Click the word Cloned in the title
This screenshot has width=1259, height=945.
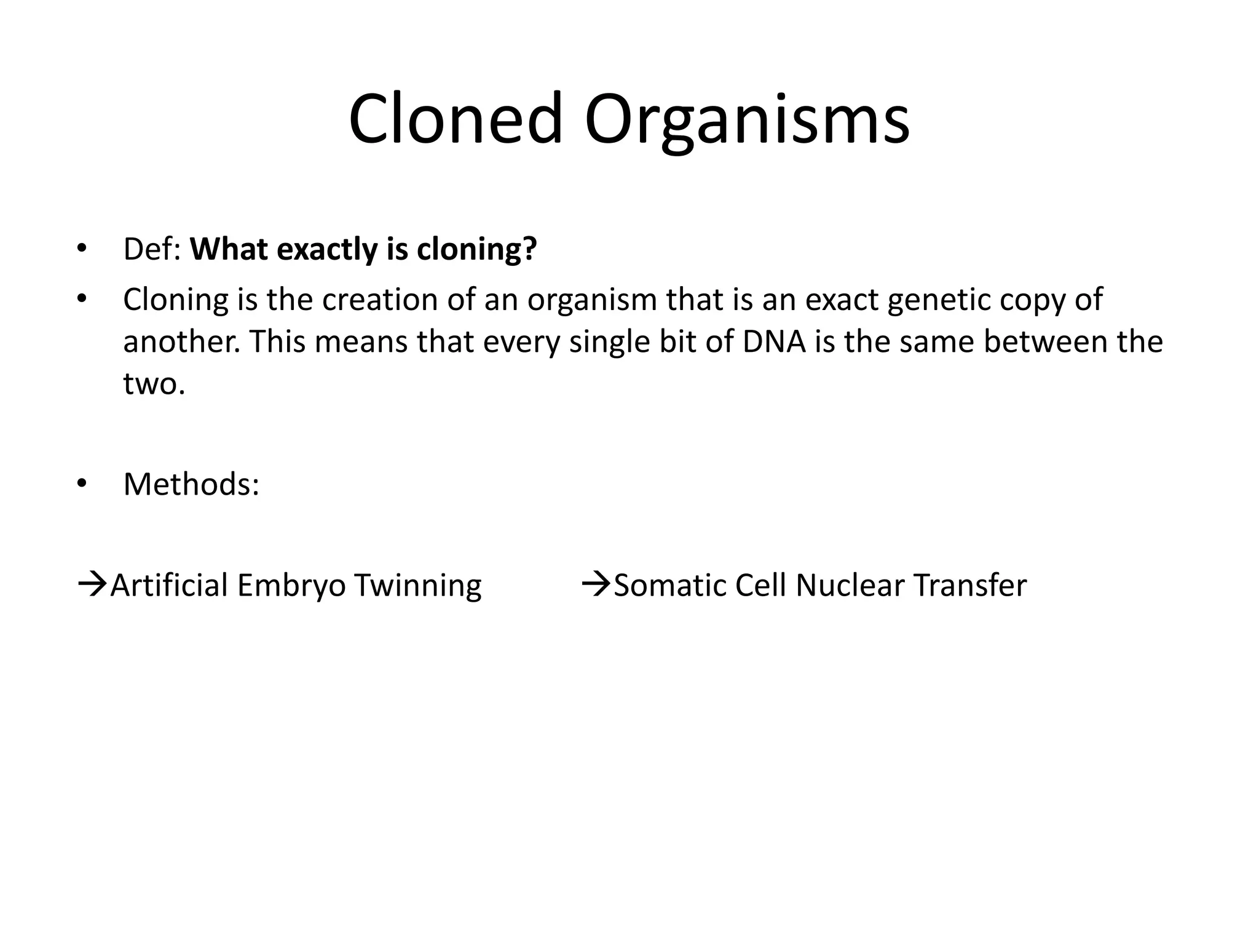[455, 118]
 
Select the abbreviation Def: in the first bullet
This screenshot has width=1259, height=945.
[152, 249]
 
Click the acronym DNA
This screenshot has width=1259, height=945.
[774, 341]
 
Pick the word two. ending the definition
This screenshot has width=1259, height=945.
[154, 383]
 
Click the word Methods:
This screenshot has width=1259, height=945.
[191, 484]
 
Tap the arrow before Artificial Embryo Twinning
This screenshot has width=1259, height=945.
[92, 583]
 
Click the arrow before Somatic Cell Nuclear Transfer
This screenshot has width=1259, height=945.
[596, 583]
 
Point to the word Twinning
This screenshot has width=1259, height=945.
[417, 586]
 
